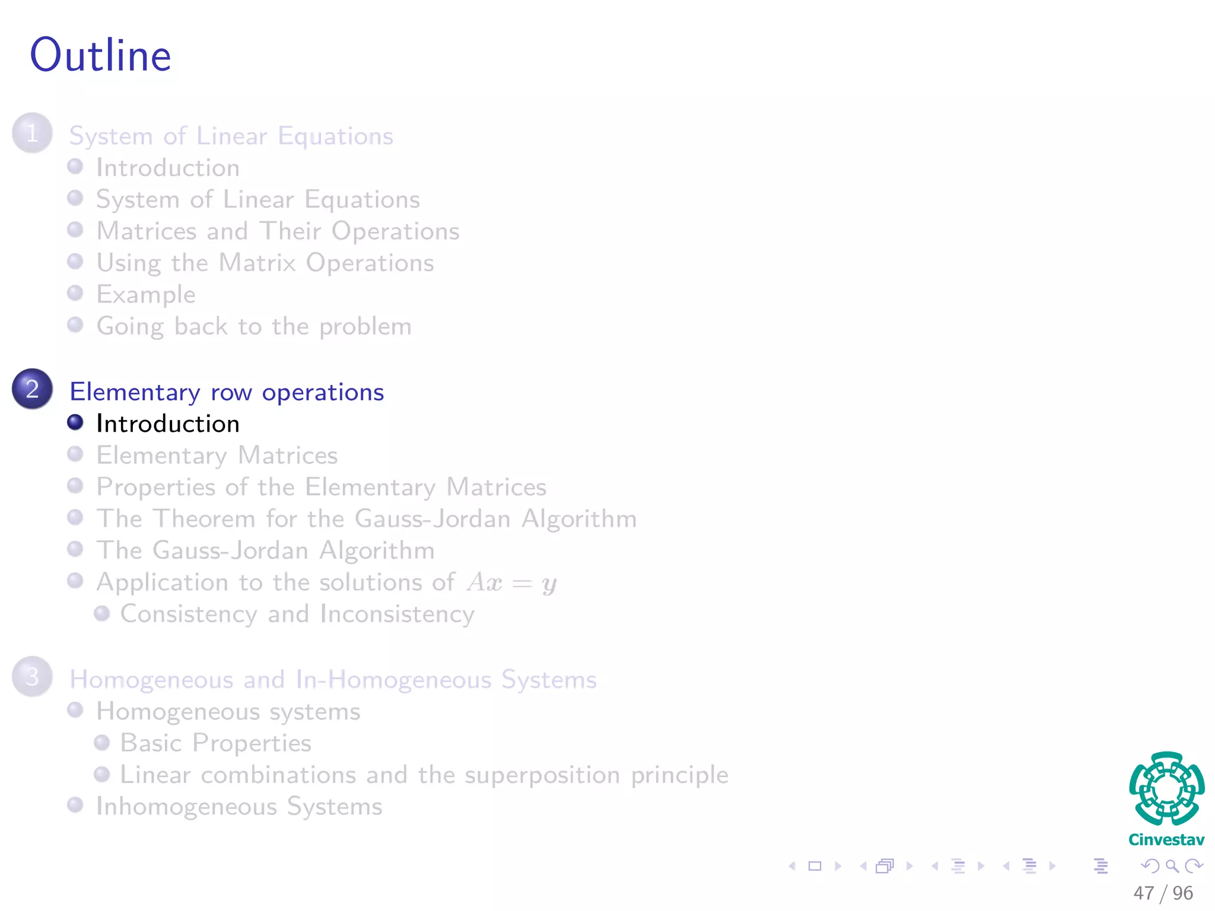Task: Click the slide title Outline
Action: point(101,55)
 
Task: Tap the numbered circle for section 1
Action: point(32,133)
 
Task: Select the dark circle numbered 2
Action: point(32,389)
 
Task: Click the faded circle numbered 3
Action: point(32,677)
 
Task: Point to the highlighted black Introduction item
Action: point(168,424)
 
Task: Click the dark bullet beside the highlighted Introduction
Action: point(75,422)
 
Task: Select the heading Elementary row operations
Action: point(227,393)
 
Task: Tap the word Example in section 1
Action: point(146,295)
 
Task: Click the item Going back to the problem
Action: point(254,327)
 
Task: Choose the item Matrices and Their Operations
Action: point(278,231)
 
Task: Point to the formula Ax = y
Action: point(511,583)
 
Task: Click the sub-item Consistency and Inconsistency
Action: point(297,614)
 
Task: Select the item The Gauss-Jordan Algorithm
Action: point(266,551)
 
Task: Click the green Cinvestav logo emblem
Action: point(1166,789)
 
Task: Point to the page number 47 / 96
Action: point(1163,893)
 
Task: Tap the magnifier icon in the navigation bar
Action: point(1172,867)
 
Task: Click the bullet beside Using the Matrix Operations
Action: point(75,262)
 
